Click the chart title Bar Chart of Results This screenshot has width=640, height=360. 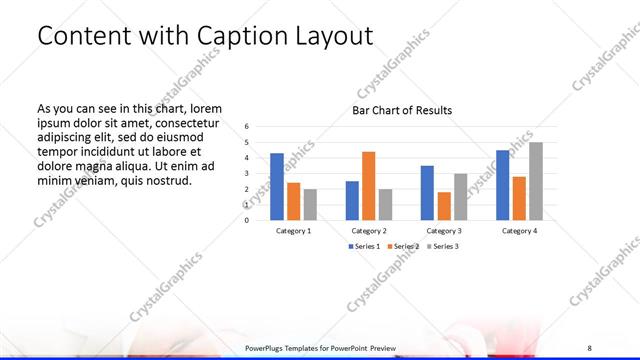(402, 110)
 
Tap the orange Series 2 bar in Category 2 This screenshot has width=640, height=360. (368, 185)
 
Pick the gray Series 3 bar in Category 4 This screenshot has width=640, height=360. (536, 181)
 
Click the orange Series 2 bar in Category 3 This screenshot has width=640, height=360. (443, 205)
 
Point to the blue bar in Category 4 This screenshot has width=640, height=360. (502, 185)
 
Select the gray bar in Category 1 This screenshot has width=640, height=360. (310, 204)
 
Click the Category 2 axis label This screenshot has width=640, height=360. (368, 231)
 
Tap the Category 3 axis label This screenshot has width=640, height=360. (443, 231)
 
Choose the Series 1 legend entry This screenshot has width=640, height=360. (363, 246)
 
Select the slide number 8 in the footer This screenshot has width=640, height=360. (590, 347)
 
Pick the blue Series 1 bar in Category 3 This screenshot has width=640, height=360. (427, 192)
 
